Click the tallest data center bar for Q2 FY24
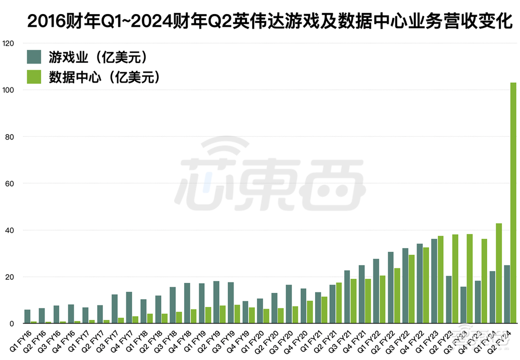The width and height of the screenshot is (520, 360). pos(513,203)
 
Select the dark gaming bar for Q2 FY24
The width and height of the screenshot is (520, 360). pos(506,294)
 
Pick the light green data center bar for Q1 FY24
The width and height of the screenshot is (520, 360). pos(499,274)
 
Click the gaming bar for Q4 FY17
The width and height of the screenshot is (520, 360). pos(129,308)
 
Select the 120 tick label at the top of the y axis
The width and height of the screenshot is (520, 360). pos(9,43)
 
